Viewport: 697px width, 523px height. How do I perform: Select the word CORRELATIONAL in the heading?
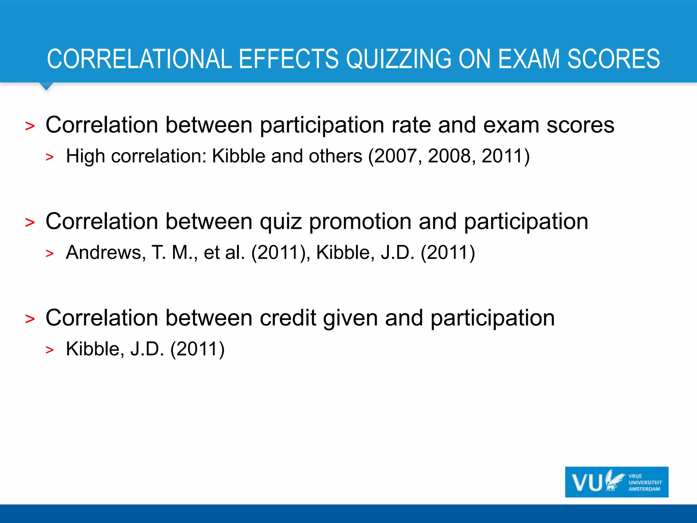pyautogui.click(x=139, y=59)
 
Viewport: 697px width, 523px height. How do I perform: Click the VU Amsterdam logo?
pyautogui.click(x=616, y=482)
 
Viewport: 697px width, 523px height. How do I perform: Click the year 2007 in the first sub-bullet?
pyautogui.click(x=395, y=156)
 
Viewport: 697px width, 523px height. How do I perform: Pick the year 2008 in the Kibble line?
pyautogui.click(x=449, y=156)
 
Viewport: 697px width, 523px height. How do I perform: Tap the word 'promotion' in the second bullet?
pyautogui.click(x=360, y=222)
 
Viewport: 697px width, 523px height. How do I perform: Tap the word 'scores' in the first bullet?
pyautogui.click(x=580, y=125)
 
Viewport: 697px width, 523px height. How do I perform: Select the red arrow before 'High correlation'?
pyautogui.click(x=50, y=157)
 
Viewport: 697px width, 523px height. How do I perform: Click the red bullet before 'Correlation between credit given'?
pyautogui.click(x=30, y=319)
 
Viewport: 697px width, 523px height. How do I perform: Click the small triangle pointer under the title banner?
pyautogui.click(x=46, y=86)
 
